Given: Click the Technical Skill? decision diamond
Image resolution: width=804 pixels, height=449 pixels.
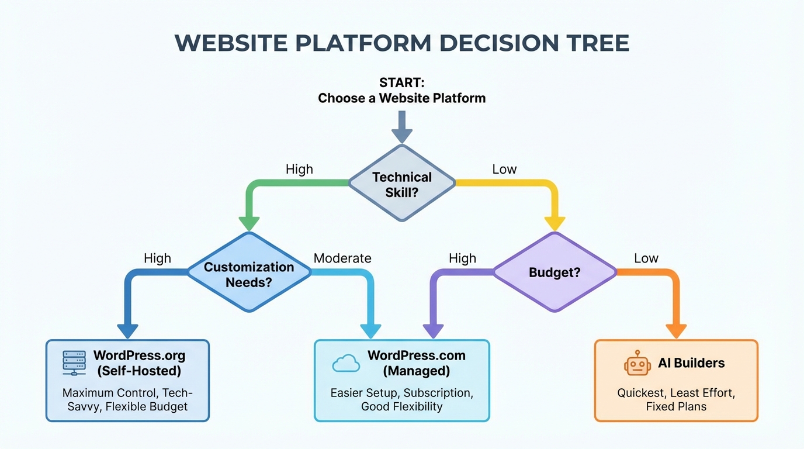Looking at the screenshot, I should tap(401, 184).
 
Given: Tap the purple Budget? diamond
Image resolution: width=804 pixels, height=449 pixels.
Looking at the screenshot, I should tap(554, 272).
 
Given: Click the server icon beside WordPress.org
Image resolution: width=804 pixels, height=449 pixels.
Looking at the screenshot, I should tap(74, 363).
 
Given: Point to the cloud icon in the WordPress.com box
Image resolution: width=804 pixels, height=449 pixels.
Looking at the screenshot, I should tap(346, 363).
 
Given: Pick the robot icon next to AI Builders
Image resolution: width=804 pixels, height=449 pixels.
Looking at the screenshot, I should tap(637, 364).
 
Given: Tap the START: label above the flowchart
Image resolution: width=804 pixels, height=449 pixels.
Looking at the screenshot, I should tap(401, 83).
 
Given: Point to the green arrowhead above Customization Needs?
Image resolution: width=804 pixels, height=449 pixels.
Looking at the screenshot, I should tap(249, 223).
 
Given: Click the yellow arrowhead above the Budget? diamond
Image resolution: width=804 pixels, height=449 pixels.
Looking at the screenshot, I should tap(555, 223).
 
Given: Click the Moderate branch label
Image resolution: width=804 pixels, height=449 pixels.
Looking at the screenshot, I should tap(342, 258).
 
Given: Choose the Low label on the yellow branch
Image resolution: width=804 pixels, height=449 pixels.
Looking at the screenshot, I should tap(504, 170).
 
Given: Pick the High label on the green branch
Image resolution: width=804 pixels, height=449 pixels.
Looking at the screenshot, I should tap(299, 170).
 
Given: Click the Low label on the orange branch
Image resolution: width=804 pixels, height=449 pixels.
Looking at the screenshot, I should tap(646, 258).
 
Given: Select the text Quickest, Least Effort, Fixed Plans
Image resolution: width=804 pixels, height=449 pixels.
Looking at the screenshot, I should tap(676, 399).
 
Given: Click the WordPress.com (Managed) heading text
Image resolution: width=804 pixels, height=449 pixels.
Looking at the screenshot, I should tap(416, 363).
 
